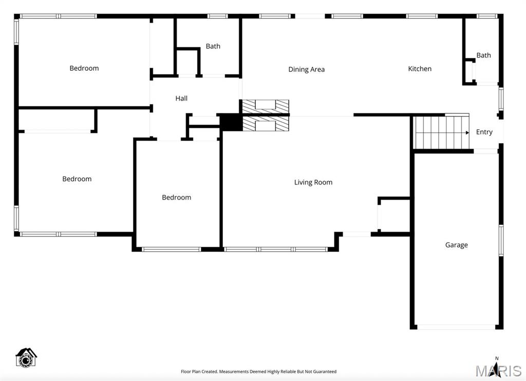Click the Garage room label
(x=456, y=245)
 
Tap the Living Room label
(x=313, y=182)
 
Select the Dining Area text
(x=306, y=69)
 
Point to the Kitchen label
(x=420, y=69)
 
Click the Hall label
(x=181, y=98)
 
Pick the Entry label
(x=484, y=132)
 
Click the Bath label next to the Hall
(x=213, y=46)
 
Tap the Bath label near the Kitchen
(x=483, y=55)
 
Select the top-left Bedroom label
(x=84, y=68)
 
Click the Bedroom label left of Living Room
(x=176, y=197)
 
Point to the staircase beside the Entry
(x=439, y=132)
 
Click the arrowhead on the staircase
(x=467, y=132)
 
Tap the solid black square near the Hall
(x=231, y=122)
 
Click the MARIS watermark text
(x=498, y=371)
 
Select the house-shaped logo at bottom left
(x=26, y=357)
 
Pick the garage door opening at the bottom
(x=456, y=327)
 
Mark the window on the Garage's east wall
(x=501, y=240)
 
